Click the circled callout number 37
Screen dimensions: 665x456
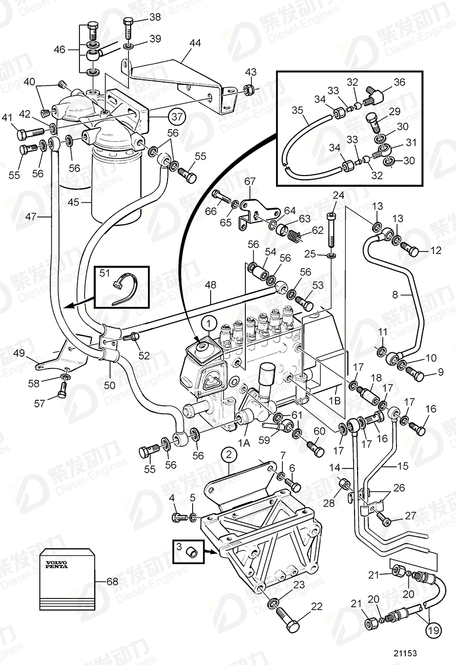coord(176,117)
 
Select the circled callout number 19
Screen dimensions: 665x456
coord(433,630)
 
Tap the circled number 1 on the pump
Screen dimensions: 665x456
coord(209,323)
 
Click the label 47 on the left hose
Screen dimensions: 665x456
coord(32,217)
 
